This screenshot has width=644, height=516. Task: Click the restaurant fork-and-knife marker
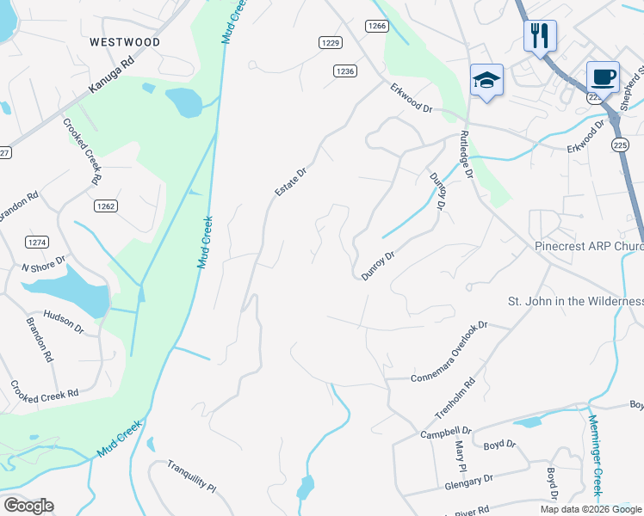[x=540, y=36]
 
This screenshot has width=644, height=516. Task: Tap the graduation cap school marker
[x=486, y=80]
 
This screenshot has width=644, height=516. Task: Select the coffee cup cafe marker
[x=603, y=77]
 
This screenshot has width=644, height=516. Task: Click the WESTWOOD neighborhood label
[x=125, y=41]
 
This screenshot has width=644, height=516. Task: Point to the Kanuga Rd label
[x=112, y=77]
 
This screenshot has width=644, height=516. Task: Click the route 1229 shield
[x=330, y=42]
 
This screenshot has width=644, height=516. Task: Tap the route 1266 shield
[x=376, y=26]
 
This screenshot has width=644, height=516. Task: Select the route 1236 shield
[x=345, y=71]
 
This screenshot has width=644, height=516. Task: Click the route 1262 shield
[x=106, y=206]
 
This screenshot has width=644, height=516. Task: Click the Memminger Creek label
[x=595, y=454]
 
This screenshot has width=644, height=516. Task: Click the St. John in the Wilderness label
[x=575, y=301]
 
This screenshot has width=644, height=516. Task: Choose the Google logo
[x=28, y=506]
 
